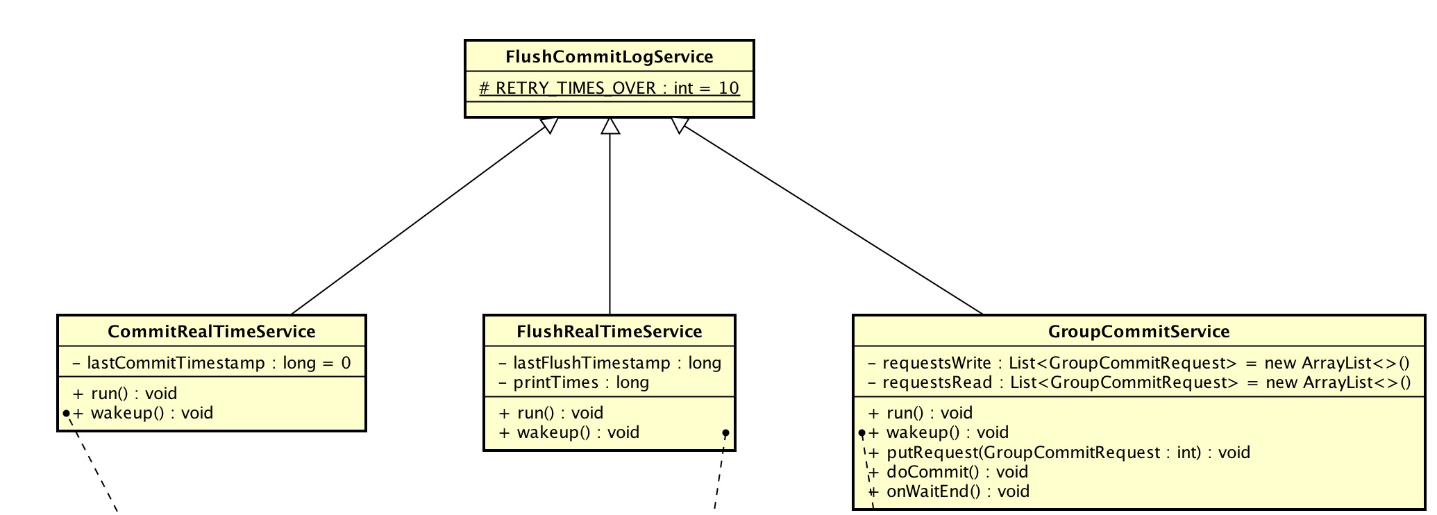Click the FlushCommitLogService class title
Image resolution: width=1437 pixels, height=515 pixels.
point(609,57)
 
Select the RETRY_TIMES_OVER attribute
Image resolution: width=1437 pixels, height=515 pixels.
point(609,88)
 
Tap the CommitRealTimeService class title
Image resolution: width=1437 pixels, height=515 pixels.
point(211,332)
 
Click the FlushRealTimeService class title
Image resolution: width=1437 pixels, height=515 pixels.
point(609,332)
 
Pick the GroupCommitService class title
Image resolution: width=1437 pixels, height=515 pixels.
point(1138,332)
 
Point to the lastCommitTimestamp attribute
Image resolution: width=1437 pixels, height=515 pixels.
point(211,363)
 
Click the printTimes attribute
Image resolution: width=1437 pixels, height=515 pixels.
point(573,382)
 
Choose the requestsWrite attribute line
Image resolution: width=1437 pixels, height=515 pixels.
point(1138,363)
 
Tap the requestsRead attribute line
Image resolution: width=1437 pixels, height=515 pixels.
point(1138,382)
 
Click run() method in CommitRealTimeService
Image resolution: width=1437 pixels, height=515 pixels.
point(125,394)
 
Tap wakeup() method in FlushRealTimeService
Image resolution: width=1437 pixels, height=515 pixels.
point(569,432)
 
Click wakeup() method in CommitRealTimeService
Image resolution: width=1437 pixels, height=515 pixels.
point(143,413)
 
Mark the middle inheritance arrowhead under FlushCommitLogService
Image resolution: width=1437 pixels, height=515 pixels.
point(610,126)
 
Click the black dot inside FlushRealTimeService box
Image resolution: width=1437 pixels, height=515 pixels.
point(725,433)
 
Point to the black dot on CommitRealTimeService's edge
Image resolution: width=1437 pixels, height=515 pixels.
point(66,414)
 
